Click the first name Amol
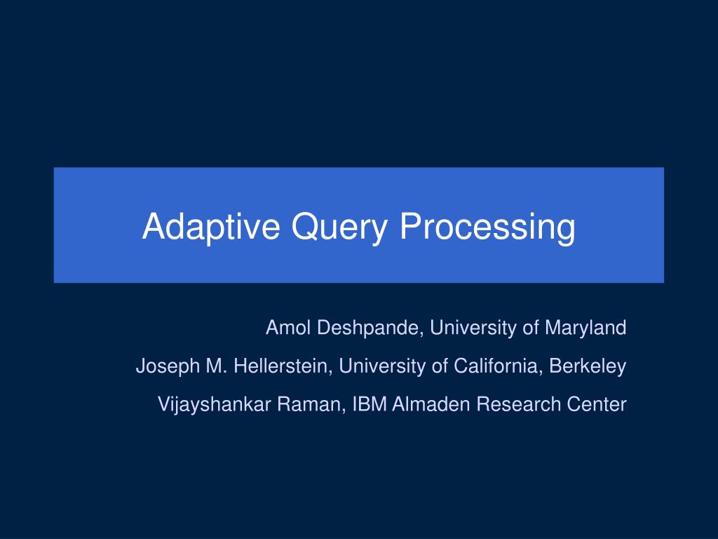click(284, 327)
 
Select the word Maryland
click(590, 327)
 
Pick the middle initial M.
click(212, 366)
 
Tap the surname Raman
click(306, 404)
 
